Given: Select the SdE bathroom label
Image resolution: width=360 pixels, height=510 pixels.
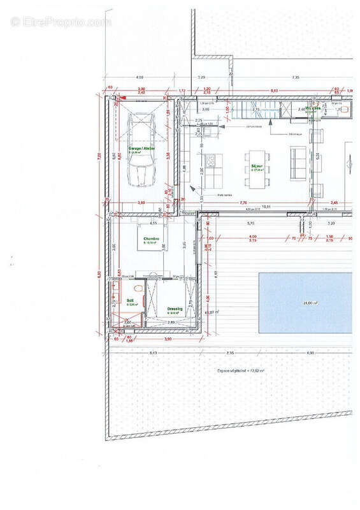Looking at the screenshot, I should click(131, 300).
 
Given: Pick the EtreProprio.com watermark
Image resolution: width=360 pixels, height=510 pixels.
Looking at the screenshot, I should click(61, 22).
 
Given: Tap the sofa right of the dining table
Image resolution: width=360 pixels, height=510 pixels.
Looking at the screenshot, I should click(298, 163).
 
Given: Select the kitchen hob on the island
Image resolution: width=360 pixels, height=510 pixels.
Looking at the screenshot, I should click(211, 160).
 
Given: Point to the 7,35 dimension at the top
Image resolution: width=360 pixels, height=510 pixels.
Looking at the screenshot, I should click(295, 77).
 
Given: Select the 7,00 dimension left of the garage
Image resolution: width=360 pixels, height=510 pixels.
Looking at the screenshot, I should click(99, 156).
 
